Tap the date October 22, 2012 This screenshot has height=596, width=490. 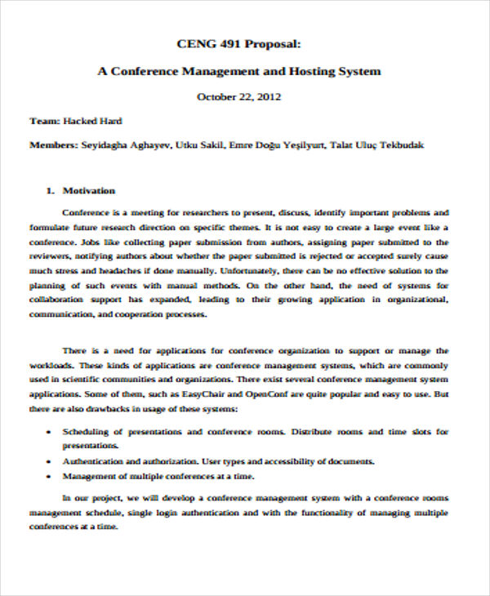tap(239, 96)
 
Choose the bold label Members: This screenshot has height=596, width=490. tap(54, 145)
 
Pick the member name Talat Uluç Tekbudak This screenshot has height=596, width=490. tap(378, 145)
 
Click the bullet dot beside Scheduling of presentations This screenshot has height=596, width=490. tap(51, 431)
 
